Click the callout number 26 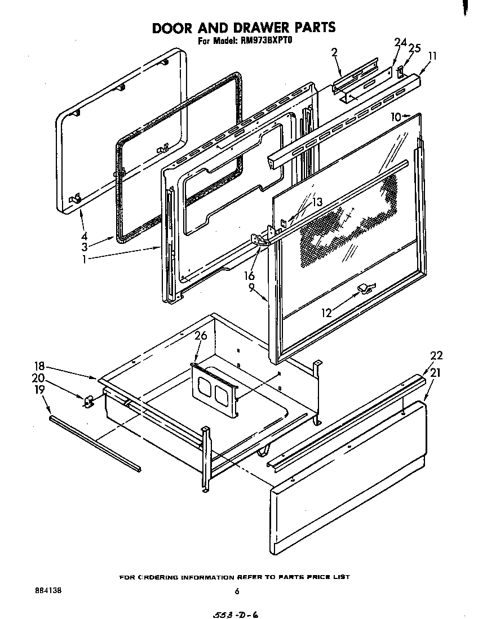[201, 336]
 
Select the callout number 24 [400, 42]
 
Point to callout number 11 [432, 56]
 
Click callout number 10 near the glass [396, 117]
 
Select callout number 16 [249, 275]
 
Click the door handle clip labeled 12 [363, 289]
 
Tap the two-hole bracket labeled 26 [213, 390]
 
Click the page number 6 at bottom [237, 591]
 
